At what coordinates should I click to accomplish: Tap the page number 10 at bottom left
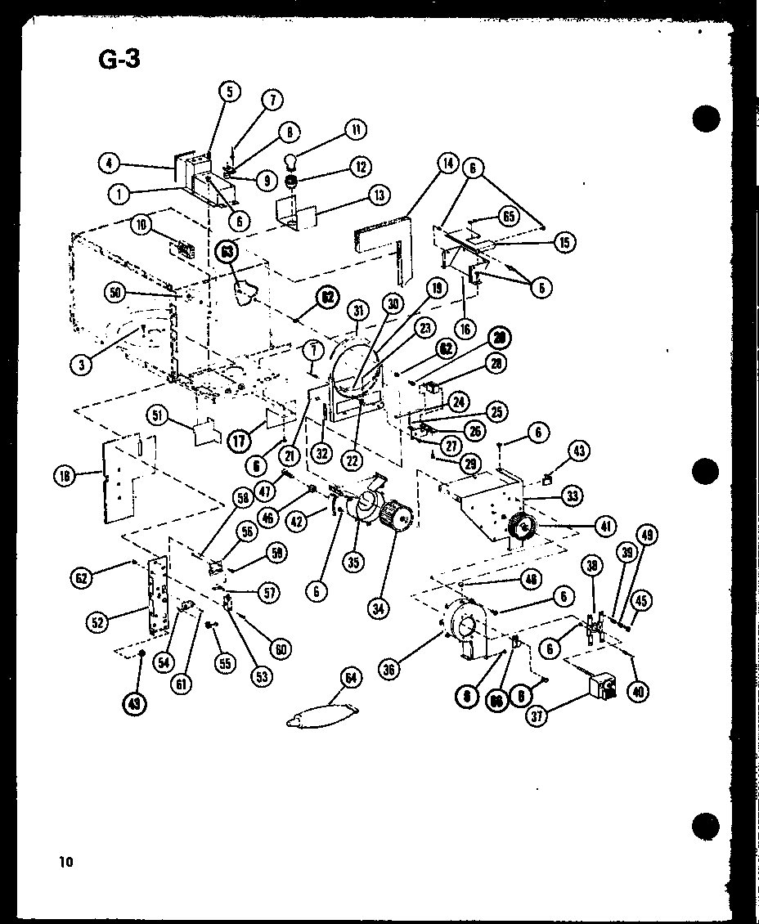[65, 861]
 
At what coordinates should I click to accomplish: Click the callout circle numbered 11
[356, 129]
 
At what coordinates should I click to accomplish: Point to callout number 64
[351, 678]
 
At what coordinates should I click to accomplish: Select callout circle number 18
[65, 474]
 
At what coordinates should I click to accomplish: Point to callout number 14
[447, 163]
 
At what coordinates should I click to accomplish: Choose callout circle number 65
[509, 218]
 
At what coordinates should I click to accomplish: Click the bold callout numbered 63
[225, 252]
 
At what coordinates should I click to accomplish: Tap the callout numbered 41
[606, 527]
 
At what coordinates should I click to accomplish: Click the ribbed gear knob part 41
[522, 528]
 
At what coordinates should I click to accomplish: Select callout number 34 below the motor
[379, 608]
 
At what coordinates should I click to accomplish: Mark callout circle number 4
[109, 162]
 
